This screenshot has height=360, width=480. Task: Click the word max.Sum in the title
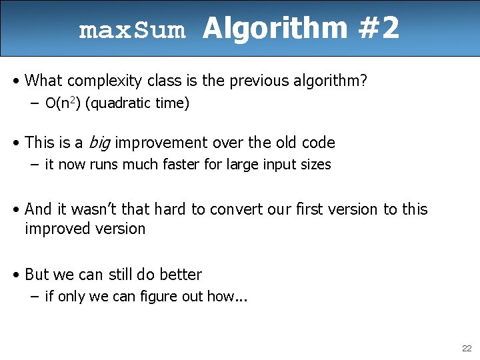click(x=131, y=31)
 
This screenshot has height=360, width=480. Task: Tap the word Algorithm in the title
click(x=275, y=29)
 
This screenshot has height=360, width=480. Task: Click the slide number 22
click(x=466, y=349)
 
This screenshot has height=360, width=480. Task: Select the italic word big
click(x=98, y=143)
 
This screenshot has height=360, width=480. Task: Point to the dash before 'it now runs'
click(x=35, y=165)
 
